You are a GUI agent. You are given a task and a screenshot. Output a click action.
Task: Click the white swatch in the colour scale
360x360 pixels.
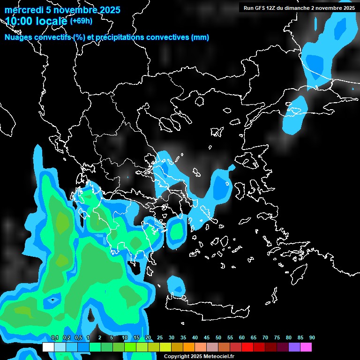tap(48, 347)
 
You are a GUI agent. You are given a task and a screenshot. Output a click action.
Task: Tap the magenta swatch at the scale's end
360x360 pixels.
tap(306, 347)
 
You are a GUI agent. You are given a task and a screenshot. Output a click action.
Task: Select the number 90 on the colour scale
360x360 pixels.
tap(312, 338)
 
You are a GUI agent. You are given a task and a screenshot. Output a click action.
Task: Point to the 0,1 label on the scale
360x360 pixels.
tap(54, 338)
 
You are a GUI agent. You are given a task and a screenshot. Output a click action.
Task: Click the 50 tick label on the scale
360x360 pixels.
tap(218, 338)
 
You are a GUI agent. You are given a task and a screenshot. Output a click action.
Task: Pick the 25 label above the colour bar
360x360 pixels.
tap(160, 338)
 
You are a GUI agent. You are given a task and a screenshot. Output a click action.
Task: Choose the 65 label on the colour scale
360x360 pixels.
tap(254, 338)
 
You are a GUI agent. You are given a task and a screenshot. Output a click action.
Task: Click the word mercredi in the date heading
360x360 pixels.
tap(24, 10)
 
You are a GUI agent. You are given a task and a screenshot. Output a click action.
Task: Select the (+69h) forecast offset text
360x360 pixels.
tap(81, 21)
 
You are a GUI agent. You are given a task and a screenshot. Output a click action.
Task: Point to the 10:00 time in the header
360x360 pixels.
tap(18, 21)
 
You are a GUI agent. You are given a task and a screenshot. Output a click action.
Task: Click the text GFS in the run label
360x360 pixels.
tap(262, 8)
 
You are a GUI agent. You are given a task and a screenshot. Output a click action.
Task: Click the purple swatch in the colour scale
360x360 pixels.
tap(294, 347)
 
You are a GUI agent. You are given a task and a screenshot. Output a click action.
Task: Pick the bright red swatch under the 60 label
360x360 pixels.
tap(247, 347)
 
